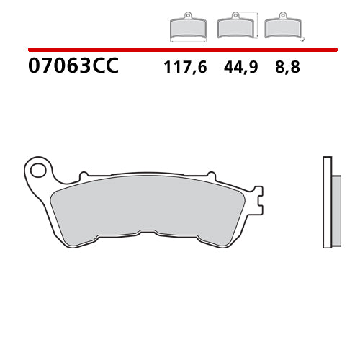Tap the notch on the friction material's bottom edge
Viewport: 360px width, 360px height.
coord(145,233)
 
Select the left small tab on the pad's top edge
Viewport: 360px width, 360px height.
coord(84,176)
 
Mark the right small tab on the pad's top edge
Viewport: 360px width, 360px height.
coord(211,176)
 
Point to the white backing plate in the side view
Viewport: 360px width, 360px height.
coord(326,202)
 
